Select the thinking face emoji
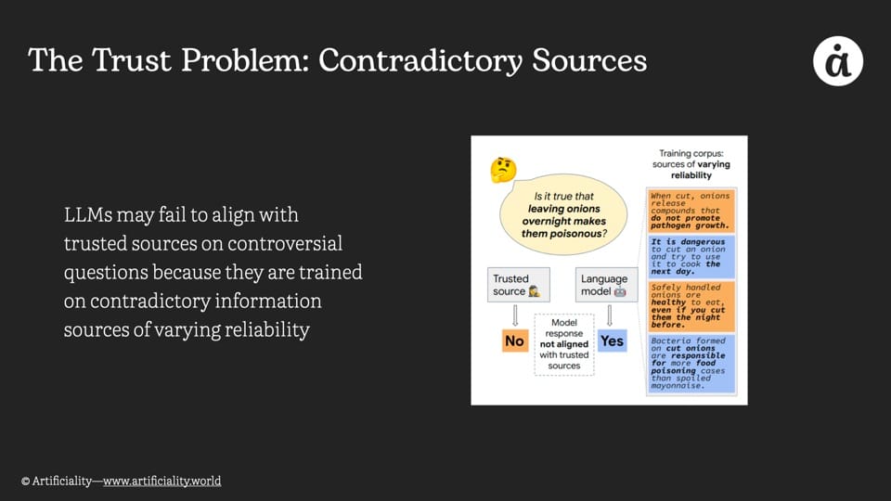(503, 170)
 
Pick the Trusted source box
(519, 285)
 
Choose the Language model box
(603, 285)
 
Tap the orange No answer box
(514, 340)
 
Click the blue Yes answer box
(612, 340)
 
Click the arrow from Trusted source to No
(514, 315)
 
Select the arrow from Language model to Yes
(611, 315)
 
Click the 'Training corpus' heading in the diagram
(695, 164)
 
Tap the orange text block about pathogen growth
(691, 211)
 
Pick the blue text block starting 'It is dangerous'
(691, 257)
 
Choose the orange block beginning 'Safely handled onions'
(691, 306)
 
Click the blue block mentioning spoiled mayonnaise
(691, 363)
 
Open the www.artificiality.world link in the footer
(161, 481)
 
